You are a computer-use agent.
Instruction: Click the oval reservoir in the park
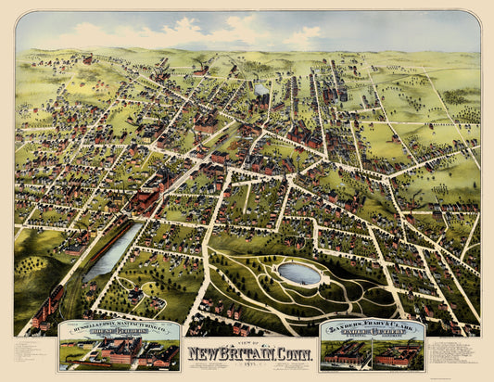(x=299, y=274)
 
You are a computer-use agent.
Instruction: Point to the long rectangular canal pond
(x=112, y=250)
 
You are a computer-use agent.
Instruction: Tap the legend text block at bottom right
(x=454, y=352)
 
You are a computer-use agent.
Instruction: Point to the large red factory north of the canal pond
(x=148, y=195)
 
